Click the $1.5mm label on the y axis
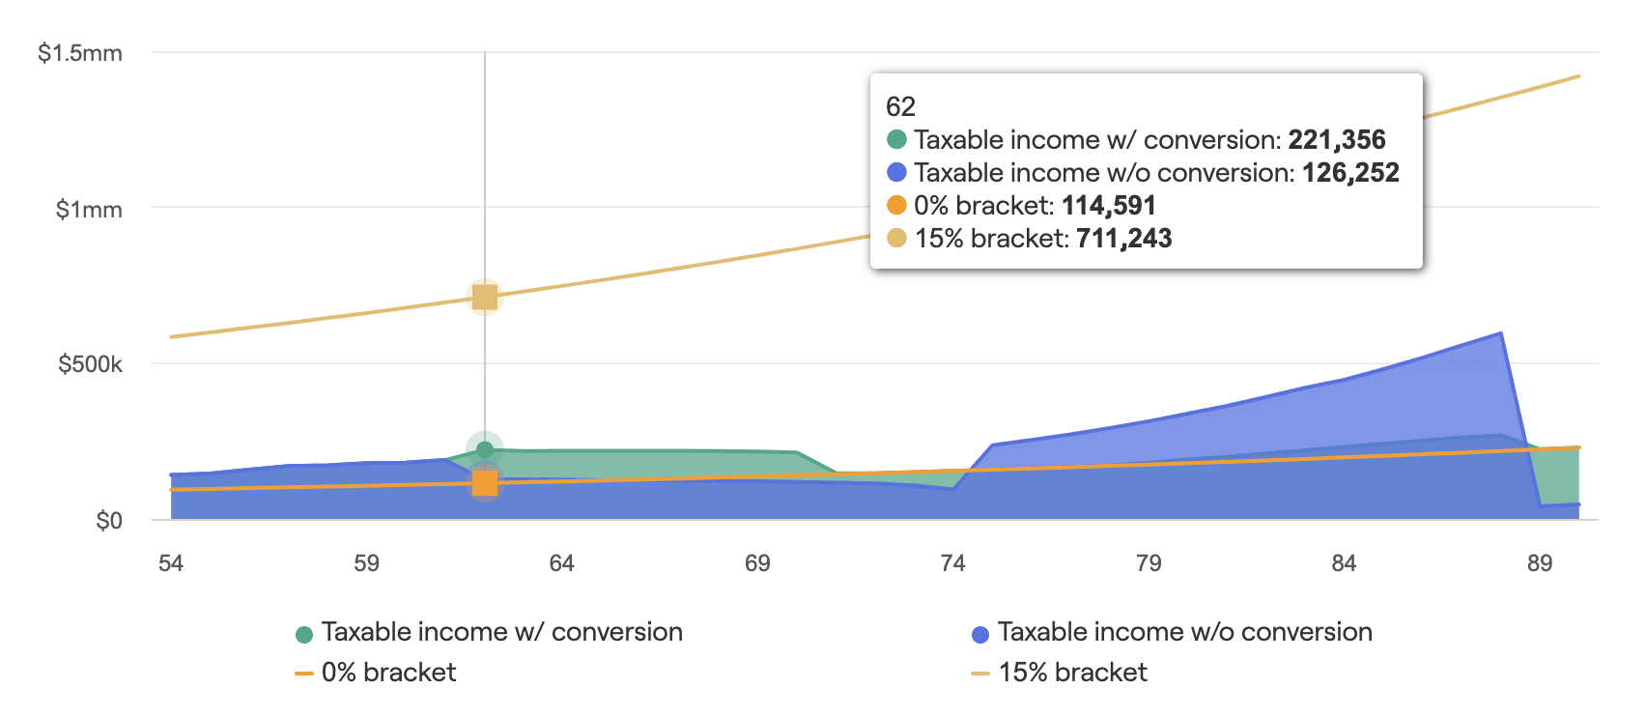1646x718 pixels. click(x=80, y=53)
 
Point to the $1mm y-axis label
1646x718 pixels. click(x=89, y=210)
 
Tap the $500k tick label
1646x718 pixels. click(x=90, y=364)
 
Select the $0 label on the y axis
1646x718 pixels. click(x=109, y=521)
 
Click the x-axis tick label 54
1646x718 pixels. click(x=171, y=563)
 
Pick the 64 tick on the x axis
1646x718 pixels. click(x=562, y=563)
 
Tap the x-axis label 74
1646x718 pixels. click(x=953, y=563)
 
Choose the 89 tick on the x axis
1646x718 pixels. click(x=1540, y=563)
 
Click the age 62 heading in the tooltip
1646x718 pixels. click(x=900, y=106)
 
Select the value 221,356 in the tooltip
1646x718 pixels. click(x=1337, y=140)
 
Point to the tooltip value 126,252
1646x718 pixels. click(x=1350, y=173)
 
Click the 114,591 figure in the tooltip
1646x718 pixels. click(x=1109, y=206)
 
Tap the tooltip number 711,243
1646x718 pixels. click(x=1124, y=239)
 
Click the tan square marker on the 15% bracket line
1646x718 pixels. click(x=485, y=297)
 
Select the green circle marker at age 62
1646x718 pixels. click(x=485, y=449)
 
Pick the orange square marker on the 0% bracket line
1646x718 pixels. click(x=485, y=483)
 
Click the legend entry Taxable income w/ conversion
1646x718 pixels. click(x=501, y=632)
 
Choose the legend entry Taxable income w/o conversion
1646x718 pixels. click(x=1184, y=632)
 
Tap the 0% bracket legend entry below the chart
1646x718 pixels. click(x=388, y=673)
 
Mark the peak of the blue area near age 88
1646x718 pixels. click(x=1500, y=333)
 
